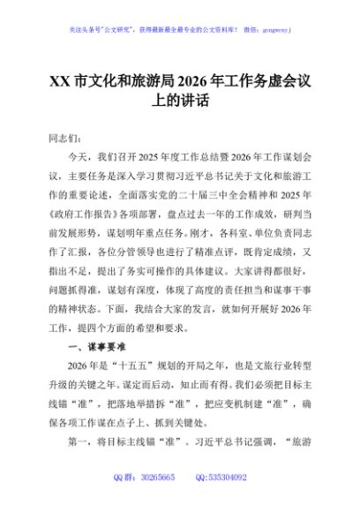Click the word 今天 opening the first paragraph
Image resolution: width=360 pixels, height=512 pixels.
[79, 157]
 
